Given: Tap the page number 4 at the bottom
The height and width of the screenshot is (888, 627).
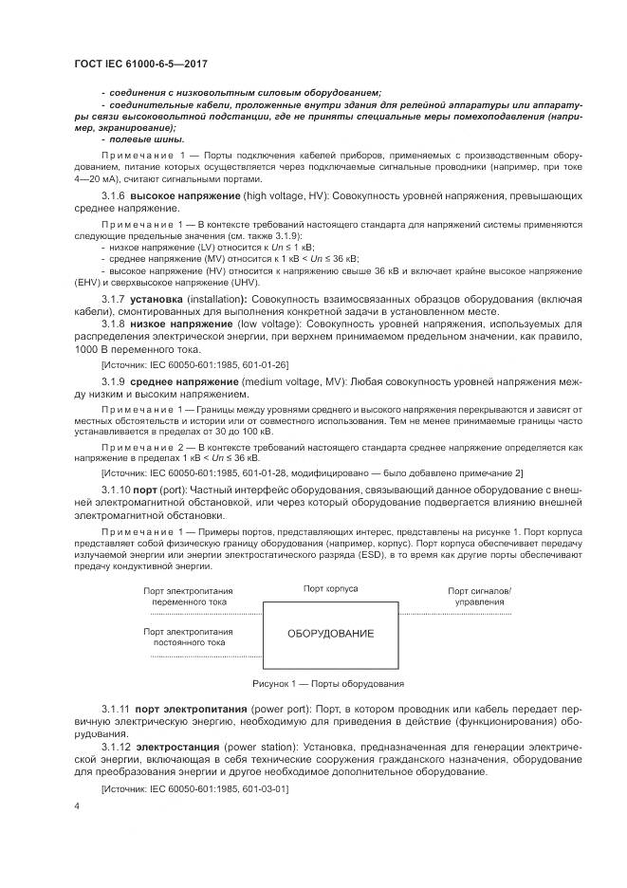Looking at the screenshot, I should [x=77, y=805].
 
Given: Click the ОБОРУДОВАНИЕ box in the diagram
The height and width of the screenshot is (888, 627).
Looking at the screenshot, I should [x=330, y=633].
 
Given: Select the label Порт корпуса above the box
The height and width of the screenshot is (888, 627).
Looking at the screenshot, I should [x=330, y=588].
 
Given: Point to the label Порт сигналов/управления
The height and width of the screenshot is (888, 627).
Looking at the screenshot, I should [x=479, y=596].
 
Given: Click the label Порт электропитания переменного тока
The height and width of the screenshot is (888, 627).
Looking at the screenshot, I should [x=188, y=596].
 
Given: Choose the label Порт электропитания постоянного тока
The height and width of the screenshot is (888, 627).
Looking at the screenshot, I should [x=188, y=636].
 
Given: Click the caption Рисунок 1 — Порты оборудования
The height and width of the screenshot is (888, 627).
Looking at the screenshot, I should [x=328, y=683].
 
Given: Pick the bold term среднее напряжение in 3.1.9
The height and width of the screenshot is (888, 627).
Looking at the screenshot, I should [x=185, y=407].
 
